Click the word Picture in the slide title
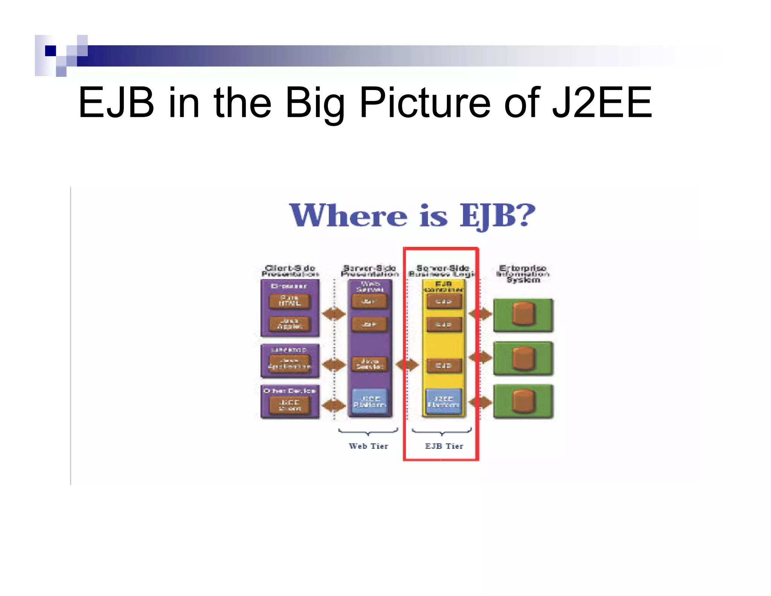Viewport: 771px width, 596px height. [x=425, y=102]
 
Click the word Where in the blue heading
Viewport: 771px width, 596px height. [x=348, y=215]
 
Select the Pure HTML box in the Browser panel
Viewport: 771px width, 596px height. [x=290, y=301]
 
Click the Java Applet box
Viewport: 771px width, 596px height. [x=290, y=324]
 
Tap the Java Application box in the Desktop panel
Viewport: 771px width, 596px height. [x=290, y=364]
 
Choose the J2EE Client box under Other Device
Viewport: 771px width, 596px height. [x=290, y=405]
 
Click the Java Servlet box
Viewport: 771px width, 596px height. [x=369, y=364]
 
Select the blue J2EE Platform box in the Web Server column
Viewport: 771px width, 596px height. [x=369, y=402]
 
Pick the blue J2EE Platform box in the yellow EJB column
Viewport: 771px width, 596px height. [x=443, y=402]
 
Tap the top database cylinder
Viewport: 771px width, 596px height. [x=523, y=313]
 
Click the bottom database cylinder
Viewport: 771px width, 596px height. [x=523, y=401]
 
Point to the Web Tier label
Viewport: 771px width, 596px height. [x=368, y=446]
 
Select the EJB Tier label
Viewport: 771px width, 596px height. [x=444, y=446]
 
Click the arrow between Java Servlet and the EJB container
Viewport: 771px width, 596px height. [x=407, y=364]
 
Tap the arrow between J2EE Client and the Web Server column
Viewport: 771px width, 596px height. [x=334, y=405]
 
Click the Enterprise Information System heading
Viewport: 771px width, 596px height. [x=523, y=274]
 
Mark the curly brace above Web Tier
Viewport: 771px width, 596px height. [x=368, y=432]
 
